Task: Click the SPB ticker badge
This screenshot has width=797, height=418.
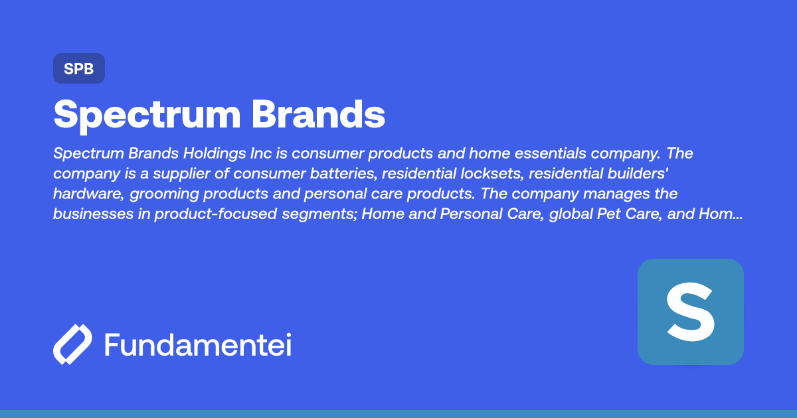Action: [79, 68]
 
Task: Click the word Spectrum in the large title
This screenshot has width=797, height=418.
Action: [146, 115]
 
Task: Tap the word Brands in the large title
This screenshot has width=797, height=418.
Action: [318, 115]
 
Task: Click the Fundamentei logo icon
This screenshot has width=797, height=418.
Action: [72, 344]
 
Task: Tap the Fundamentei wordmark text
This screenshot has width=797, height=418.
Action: [198, 344]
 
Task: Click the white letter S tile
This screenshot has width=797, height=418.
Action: [690, 312]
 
